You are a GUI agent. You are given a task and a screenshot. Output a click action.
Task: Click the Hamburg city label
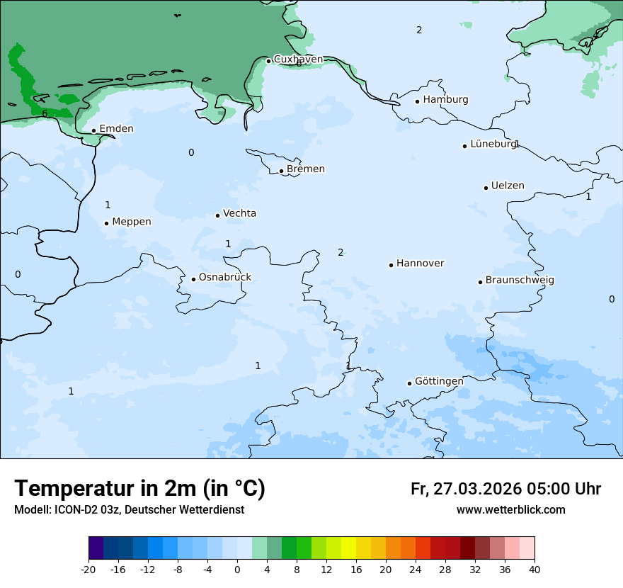[x=445, y=100]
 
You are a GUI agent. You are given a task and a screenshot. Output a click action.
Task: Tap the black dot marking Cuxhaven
[x=268, y=61]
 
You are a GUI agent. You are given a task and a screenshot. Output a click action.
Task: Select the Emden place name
[x=116, y=129]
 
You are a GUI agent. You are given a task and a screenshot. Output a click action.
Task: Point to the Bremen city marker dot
[x=281, y=171]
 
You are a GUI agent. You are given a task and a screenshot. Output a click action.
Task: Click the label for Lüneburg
[x=493, y=144]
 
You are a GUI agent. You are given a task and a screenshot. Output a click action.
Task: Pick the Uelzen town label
[x=508, y=186]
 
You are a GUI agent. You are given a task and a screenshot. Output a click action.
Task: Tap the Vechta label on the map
[x=239, y=213]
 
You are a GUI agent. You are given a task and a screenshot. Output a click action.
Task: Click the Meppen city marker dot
[x=106, y=223]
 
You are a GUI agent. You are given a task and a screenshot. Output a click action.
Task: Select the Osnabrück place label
[x=224, y=278]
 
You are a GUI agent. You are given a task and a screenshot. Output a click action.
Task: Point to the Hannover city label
[x=420, y=264]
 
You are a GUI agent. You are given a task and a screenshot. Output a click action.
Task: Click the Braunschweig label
[x=520, y=281]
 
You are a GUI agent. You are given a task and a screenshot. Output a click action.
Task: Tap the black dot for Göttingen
[x=409, y=383]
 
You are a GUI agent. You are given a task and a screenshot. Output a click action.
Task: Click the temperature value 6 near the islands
[x=45, y=113]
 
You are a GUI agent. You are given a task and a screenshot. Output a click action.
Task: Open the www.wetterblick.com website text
[x=510, y=510]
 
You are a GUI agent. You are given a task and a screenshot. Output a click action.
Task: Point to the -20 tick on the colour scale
[x=88, y=569]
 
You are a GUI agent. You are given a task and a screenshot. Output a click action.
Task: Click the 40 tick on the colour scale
[x=535, y=569]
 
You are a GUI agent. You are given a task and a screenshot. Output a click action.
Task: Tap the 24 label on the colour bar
[x=416, y=569]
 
